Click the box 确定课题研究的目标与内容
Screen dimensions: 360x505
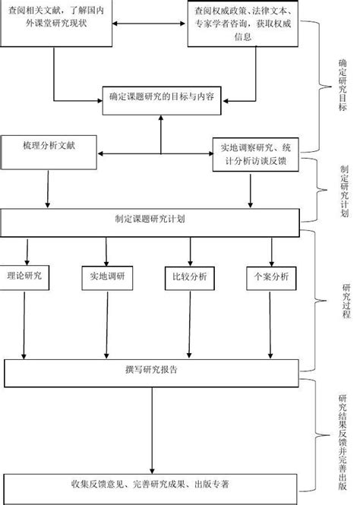tap(162, 100)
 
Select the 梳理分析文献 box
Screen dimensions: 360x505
tap(49, 153)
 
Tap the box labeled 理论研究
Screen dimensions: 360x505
tap(24, 278)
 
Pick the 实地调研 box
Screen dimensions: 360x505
tap(107, 278)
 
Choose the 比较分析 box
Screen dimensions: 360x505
tap(190, 278)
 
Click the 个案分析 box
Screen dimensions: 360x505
tap(271, 278)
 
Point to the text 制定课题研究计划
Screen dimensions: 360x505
tap(150, 219)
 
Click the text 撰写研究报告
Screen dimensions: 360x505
tap(151, 369)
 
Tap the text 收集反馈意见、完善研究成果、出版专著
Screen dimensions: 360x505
tap(150, 484)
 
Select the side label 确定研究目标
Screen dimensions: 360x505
tap(343, 85)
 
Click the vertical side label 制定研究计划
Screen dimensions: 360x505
tap(344, 191)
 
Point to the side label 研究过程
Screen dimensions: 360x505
tap(346, 301)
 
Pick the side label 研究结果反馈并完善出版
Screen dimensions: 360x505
tap(343, 442)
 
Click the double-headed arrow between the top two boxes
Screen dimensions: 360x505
tap(149, 24)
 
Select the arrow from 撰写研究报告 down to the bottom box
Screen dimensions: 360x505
tap(152, 431)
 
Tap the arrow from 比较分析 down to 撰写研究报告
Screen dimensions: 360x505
tap(190, 324)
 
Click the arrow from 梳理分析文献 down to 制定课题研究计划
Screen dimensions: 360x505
tap(48, 189)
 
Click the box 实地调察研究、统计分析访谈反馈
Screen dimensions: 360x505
tap(256, 155)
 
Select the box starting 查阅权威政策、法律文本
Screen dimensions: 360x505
tap(243, 24)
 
